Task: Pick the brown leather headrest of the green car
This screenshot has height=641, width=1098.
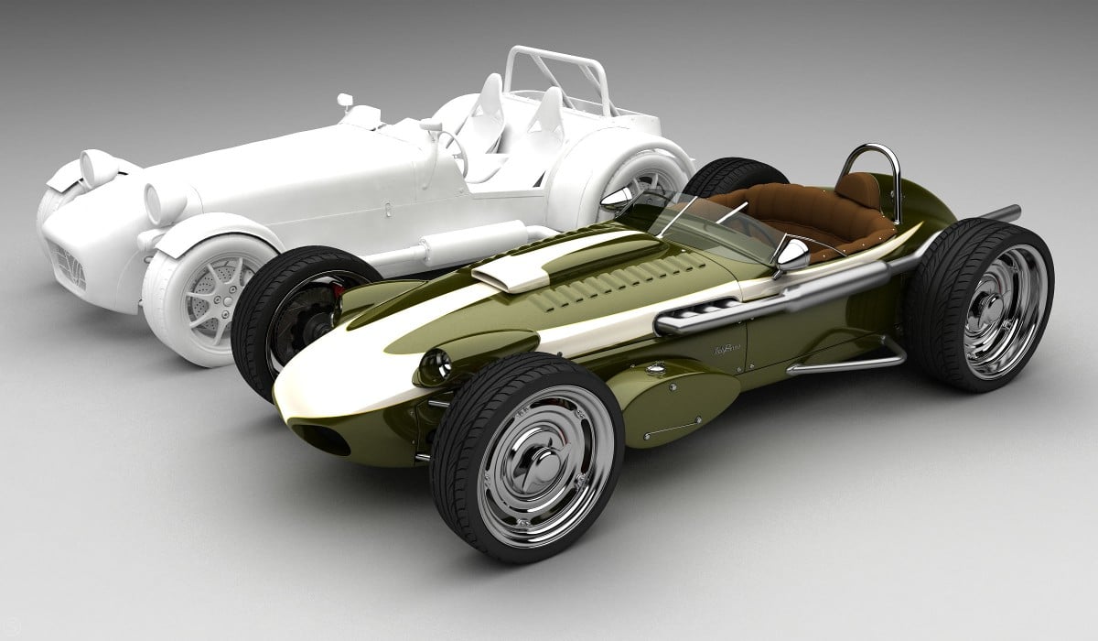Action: [857, 190]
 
